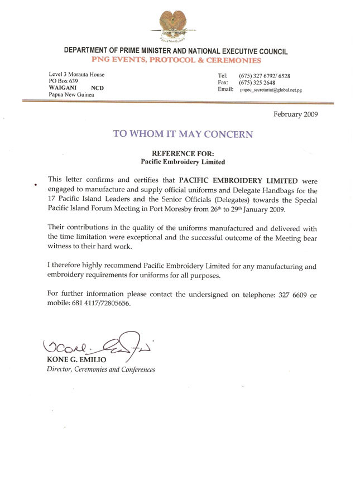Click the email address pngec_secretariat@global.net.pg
(x=271, y=90)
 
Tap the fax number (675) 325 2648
(x=258, y=83)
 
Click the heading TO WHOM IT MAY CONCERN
(x=183, y=134)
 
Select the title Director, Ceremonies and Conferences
(x=101, y=369)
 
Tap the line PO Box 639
(x=64, y=81)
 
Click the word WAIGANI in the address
(x=63, y=88)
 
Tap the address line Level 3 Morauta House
(x=76, y=75)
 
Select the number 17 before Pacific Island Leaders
(x=52, y=200)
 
